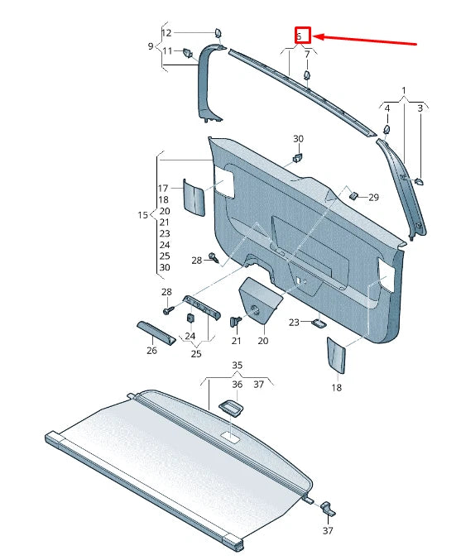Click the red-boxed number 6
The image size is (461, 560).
pyautogui.click(x=302, y=36)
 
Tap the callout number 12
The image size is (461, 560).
pyautogui.click(x=166, y=33)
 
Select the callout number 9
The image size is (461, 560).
pyautogui.click(x=151, y=46)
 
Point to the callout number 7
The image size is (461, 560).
pyautogui.click(x=307, y=55)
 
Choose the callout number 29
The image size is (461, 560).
pyautogui.click(x=373, y=198)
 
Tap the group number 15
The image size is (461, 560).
pyautogui.click(x=142, y=215)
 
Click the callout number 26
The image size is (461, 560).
pyautogui.click(x=151, y=351)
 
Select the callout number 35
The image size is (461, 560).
pyautogui.click(x=237, y=365)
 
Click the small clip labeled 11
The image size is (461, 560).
pyautogui.click(x=189, y=53)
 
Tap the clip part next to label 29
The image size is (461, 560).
pyautogui.click(x=353, y=196)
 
